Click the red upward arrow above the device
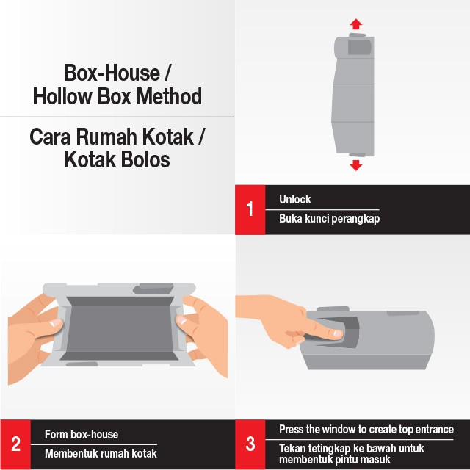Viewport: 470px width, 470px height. pos(355,24)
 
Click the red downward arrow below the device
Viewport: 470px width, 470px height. pos(355,165)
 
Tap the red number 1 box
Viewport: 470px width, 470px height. pos(250,209)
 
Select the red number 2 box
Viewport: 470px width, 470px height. pos(15,444)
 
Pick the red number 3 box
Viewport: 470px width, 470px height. pos(250,444)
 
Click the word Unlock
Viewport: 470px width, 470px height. pos(295,199)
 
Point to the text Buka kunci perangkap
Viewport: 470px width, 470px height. pos(330,219)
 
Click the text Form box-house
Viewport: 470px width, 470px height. pos(82,434)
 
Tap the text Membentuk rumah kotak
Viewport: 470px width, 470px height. pos(101,453)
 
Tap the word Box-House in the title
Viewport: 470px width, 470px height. pos(112,73)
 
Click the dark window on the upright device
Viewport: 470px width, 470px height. pos(359,47)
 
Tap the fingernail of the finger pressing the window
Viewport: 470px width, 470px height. pos(338,333)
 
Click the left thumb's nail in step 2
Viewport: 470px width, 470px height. pos(56,323)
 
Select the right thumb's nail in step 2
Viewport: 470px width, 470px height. pos(181,320)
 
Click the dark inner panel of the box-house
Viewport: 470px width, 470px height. pos(120,328)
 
